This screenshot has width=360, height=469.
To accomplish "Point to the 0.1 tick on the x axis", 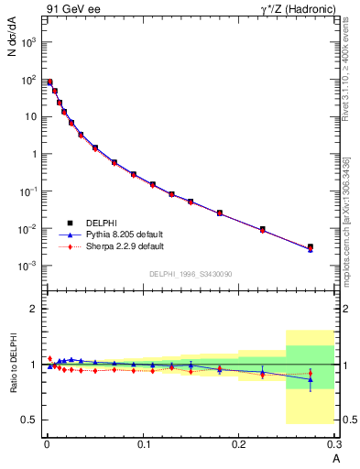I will [x=143, y=444].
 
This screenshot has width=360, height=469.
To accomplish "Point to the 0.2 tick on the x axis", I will [x=239, y=444].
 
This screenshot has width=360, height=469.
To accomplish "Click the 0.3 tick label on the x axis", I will [x=333, y=444].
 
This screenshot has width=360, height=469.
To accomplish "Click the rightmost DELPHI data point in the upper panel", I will [x=311, y=246].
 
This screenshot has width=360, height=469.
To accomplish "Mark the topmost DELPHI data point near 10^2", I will [x=49, y=82].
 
